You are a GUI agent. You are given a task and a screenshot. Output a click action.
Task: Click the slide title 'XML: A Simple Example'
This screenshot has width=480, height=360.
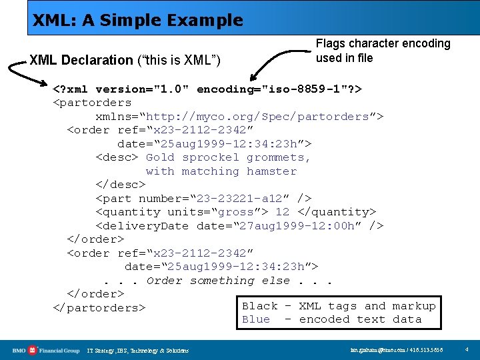(138, 20)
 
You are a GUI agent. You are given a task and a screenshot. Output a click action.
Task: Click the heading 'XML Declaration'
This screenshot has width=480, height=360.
(81, 60)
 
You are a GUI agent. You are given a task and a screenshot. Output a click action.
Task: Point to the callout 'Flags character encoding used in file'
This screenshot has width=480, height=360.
(383, 51)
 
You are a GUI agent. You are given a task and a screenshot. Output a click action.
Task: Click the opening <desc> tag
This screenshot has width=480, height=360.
(117, 157)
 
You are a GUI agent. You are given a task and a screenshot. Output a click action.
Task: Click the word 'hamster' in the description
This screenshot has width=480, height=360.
(271, 171)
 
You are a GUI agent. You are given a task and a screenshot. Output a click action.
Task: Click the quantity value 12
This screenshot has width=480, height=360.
(282, 212)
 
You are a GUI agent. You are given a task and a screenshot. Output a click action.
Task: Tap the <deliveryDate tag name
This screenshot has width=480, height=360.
(142, 226)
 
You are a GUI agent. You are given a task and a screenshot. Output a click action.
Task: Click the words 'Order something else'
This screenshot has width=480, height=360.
(218, 281)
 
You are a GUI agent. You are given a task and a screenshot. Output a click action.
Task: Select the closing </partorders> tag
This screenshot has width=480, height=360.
(99, 308)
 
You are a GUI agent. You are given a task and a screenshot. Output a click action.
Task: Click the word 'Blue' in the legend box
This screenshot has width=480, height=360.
(256, 319)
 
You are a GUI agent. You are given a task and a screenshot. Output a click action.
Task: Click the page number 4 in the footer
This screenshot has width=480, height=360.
(467, 349)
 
